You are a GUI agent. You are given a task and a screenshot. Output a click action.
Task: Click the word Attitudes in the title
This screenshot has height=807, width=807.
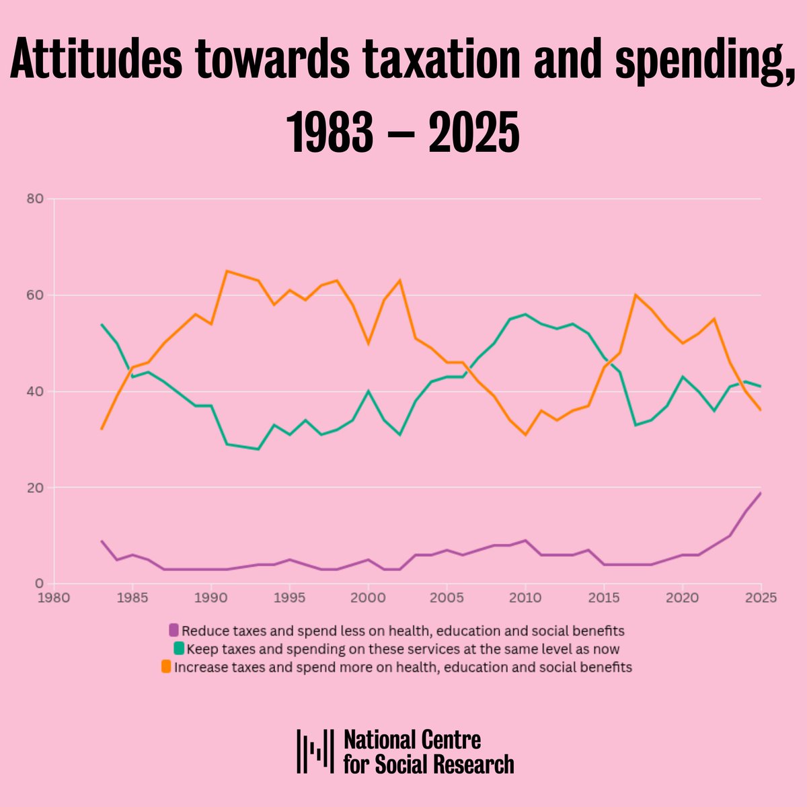(95, 63)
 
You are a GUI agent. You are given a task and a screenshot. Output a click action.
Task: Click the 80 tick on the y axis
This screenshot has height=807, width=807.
(36, 199)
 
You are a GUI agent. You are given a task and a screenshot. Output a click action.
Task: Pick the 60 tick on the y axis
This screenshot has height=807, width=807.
(36, 295)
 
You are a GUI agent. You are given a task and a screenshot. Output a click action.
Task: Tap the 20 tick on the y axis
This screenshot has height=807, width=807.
(36, 488)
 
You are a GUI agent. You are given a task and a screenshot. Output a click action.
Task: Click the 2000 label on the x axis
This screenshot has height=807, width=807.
(368, 598)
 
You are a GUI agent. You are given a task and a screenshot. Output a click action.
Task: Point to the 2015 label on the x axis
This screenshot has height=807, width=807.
(604, 598)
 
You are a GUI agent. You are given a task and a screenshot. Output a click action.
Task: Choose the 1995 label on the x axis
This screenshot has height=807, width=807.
(290, 598)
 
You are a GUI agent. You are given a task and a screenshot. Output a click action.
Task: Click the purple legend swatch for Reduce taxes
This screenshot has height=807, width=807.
(174, 631)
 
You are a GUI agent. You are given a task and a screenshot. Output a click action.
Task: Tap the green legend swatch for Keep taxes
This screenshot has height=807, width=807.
(179, 649)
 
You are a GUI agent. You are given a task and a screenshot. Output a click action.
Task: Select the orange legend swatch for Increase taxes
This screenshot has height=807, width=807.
(166, 667)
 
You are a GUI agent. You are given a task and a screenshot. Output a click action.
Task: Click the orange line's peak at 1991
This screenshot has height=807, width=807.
(227, 271)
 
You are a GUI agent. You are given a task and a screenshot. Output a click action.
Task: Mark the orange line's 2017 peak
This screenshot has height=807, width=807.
(636, 295)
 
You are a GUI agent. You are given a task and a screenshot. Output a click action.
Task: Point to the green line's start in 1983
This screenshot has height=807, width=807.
(102, 324)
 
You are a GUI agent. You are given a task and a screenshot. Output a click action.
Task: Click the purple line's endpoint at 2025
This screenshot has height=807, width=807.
(761, 493)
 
